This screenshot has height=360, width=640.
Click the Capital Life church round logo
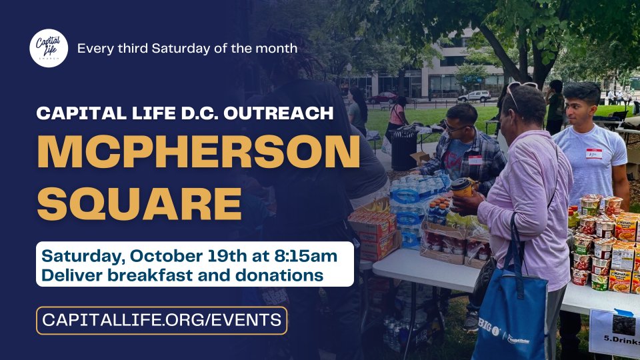click(49, 48)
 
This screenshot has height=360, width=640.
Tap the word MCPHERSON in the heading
click(199, 151)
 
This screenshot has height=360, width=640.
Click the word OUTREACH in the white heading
click(279, 113)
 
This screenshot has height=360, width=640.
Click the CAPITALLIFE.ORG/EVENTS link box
click(161, 321)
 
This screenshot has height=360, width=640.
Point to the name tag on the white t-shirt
click(593, 153)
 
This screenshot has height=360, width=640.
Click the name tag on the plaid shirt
click(475, 160)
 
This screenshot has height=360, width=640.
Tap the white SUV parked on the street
click(474, 96)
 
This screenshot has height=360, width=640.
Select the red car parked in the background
click(383, 98)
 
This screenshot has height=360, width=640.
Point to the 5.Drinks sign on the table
click(615, 333)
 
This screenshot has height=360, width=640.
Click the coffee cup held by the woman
click(461, 189)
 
